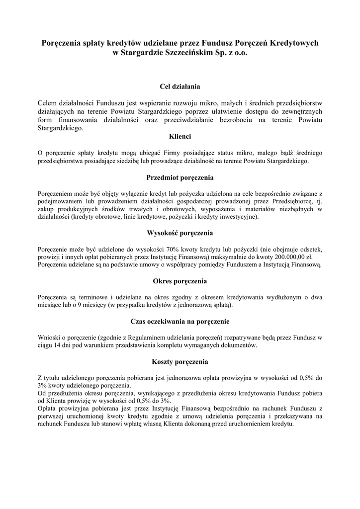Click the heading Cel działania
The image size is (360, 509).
pos(180,86)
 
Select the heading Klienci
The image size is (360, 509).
pos(180,136)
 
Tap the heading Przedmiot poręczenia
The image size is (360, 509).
pos(180,177)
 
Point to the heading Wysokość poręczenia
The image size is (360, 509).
pos(180,233)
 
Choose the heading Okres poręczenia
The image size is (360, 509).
pos(180,281)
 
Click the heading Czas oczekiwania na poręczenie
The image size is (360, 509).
pos(180,322)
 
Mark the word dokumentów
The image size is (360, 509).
pos(238,345)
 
